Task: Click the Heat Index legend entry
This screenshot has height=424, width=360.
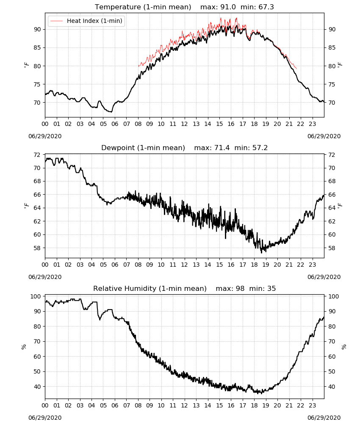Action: click(86, 21)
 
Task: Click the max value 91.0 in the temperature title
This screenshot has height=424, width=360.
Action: click(228, 7)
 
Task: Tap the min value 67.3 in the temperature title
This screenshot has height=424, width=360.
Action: click(266, 7)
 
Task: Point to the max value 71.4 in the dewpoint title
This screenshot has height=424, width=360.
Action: click(222, 148)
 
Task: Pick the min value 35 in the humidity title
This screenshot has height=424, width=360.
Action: click(271, 288)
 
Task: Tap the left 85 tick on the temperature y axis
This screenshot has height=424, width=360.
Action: click(37, 47)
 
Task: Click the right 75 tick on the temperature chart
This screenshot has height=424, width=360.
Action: click(332, 84)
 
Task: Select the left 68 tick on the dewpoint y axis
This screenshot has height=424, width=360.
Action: click(37, 181)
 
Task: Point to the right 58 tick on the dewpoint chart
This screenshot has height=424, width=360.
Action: click(332, 248)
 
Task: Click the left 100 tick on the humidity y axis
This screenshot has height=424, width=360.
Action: click(36, 296)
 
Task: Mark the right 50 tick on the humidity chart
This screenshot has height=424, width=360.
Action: click(332, 371)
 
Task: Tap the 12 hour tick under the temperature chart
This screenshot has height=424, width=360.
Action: click(185, 124)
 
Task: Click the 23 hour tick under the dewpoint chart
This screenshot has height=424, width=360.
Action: click(313, 265)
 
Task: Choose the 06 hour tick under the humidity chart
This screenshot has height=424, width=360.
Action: click(115, 405)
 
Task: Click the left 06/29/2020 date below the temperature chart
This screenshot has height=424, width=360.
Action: click(45, 136)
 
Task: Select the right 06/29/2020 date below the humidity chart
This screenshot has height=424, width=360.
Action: click(324, 418)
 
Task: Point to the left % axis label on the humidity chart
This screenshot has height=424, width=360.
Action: click(24, 347)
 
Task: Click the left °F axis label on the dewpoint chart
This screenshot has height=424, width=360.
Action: click(26, 206)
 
